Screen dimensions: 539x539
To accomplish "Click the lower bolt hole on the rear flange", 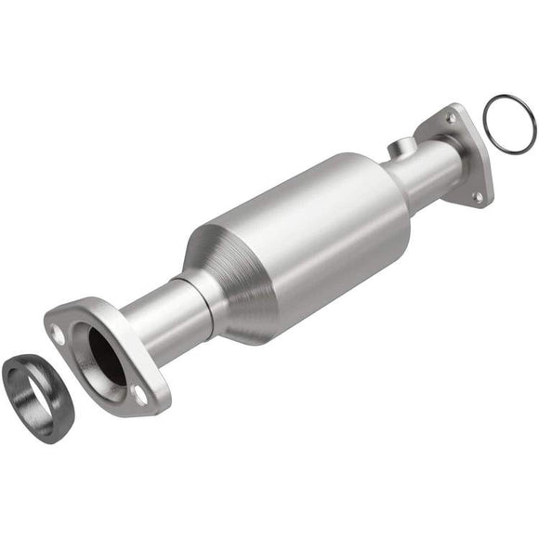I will tap(477, 196).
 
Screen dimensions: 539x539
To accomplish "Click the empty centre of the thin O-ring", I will tap(509, 121).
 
